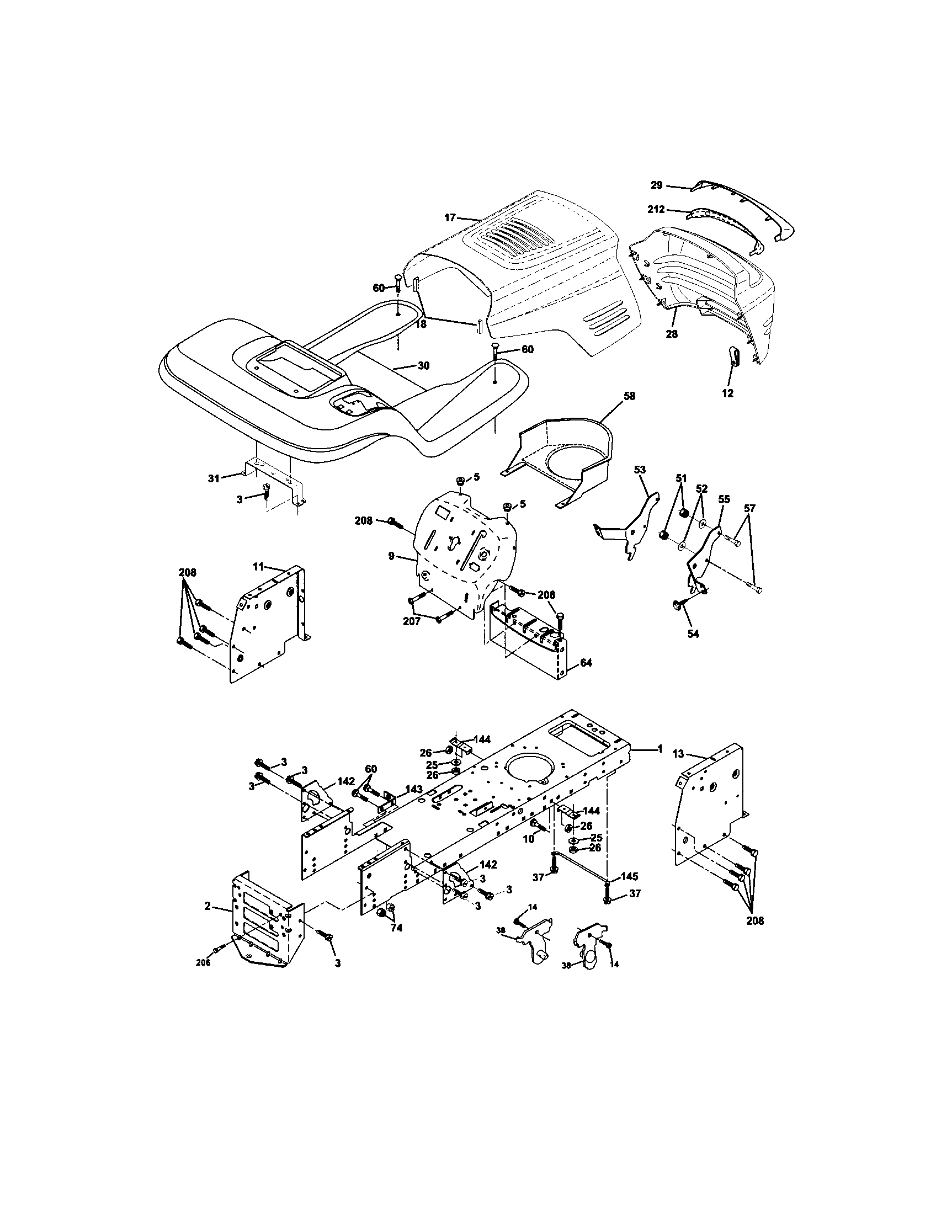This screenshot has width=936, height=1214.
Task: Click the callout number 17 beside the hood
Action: click(450, 218)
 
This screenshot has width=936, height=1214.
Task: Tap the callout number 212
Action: click(656, 210)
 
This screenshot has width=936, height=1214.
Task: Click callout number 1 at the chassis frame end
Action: click(660, 749)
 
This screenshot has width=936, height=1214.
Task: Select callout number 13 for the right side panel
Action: click(678, 754)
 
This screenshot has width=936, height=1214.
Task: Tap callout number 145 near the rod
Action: click(630, 876)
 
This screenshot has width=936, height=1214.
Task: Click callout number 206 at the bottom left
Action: click(204, 963)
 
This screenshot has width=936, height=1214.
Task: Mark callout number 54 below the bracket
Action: click(693, 634)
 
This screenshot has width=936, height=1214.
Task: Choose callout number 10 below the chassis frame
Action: click(528, 839)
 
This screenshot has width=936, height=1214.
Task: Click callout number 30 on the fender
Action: click(423, 366)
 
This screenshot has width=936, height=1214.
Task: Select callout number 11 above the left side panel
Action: click(258, 567)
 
